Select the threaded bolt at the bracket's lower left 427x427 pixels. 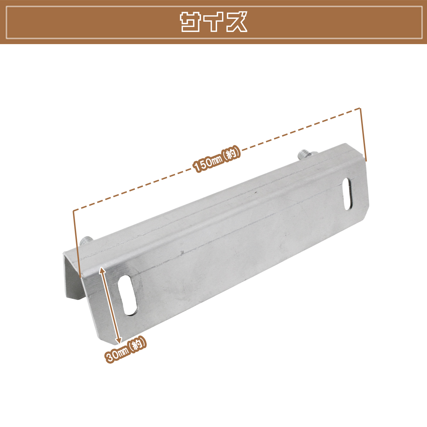pos(87,241)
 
